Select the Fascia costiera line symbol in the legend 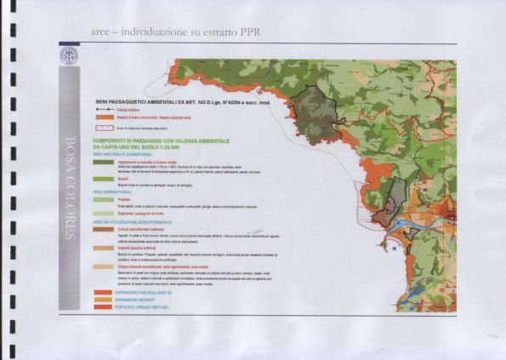point(105,110)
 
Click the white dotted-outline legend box point(105,125)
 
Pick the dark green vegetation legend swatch point(105,162)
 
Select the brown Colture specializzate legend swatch point(105,229)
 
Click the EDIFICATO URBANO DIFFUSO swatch point(105,305)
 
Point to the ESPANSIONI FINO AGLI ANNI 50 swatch point(105,291)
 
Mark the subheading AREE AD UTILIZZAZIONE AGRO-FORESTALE point(136,223)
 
